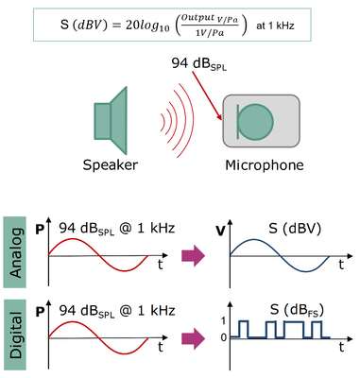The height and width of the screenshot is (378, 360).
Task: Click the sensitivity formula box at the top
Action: click(x=180, y=24)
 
